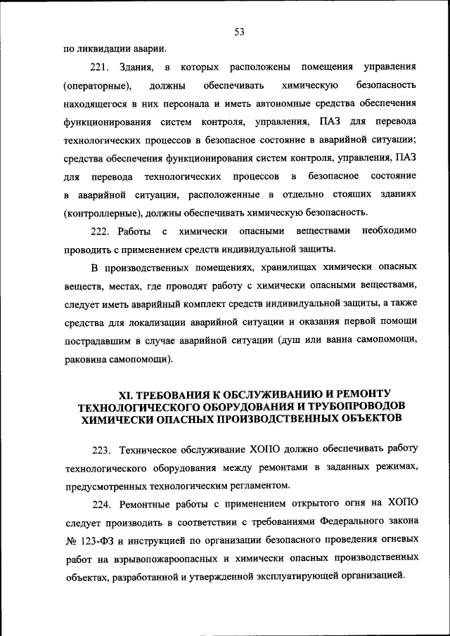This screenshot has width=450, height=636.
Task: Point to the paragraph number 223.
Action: [102, 449]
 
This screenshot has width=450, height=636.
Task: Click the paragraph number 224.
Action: [102, 504]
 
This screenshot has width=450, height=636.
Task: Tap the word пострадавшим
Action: [97, 340]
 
